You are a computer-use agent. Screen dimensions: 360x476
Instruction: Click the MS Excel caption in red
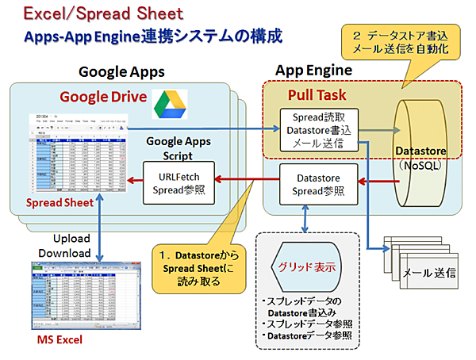pos(60,341)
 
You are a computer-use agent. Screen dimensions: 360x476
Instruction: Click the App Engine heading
pos(312,71)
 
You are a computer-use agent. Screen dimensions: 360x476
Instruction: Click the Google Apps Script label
pos(180,147)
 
